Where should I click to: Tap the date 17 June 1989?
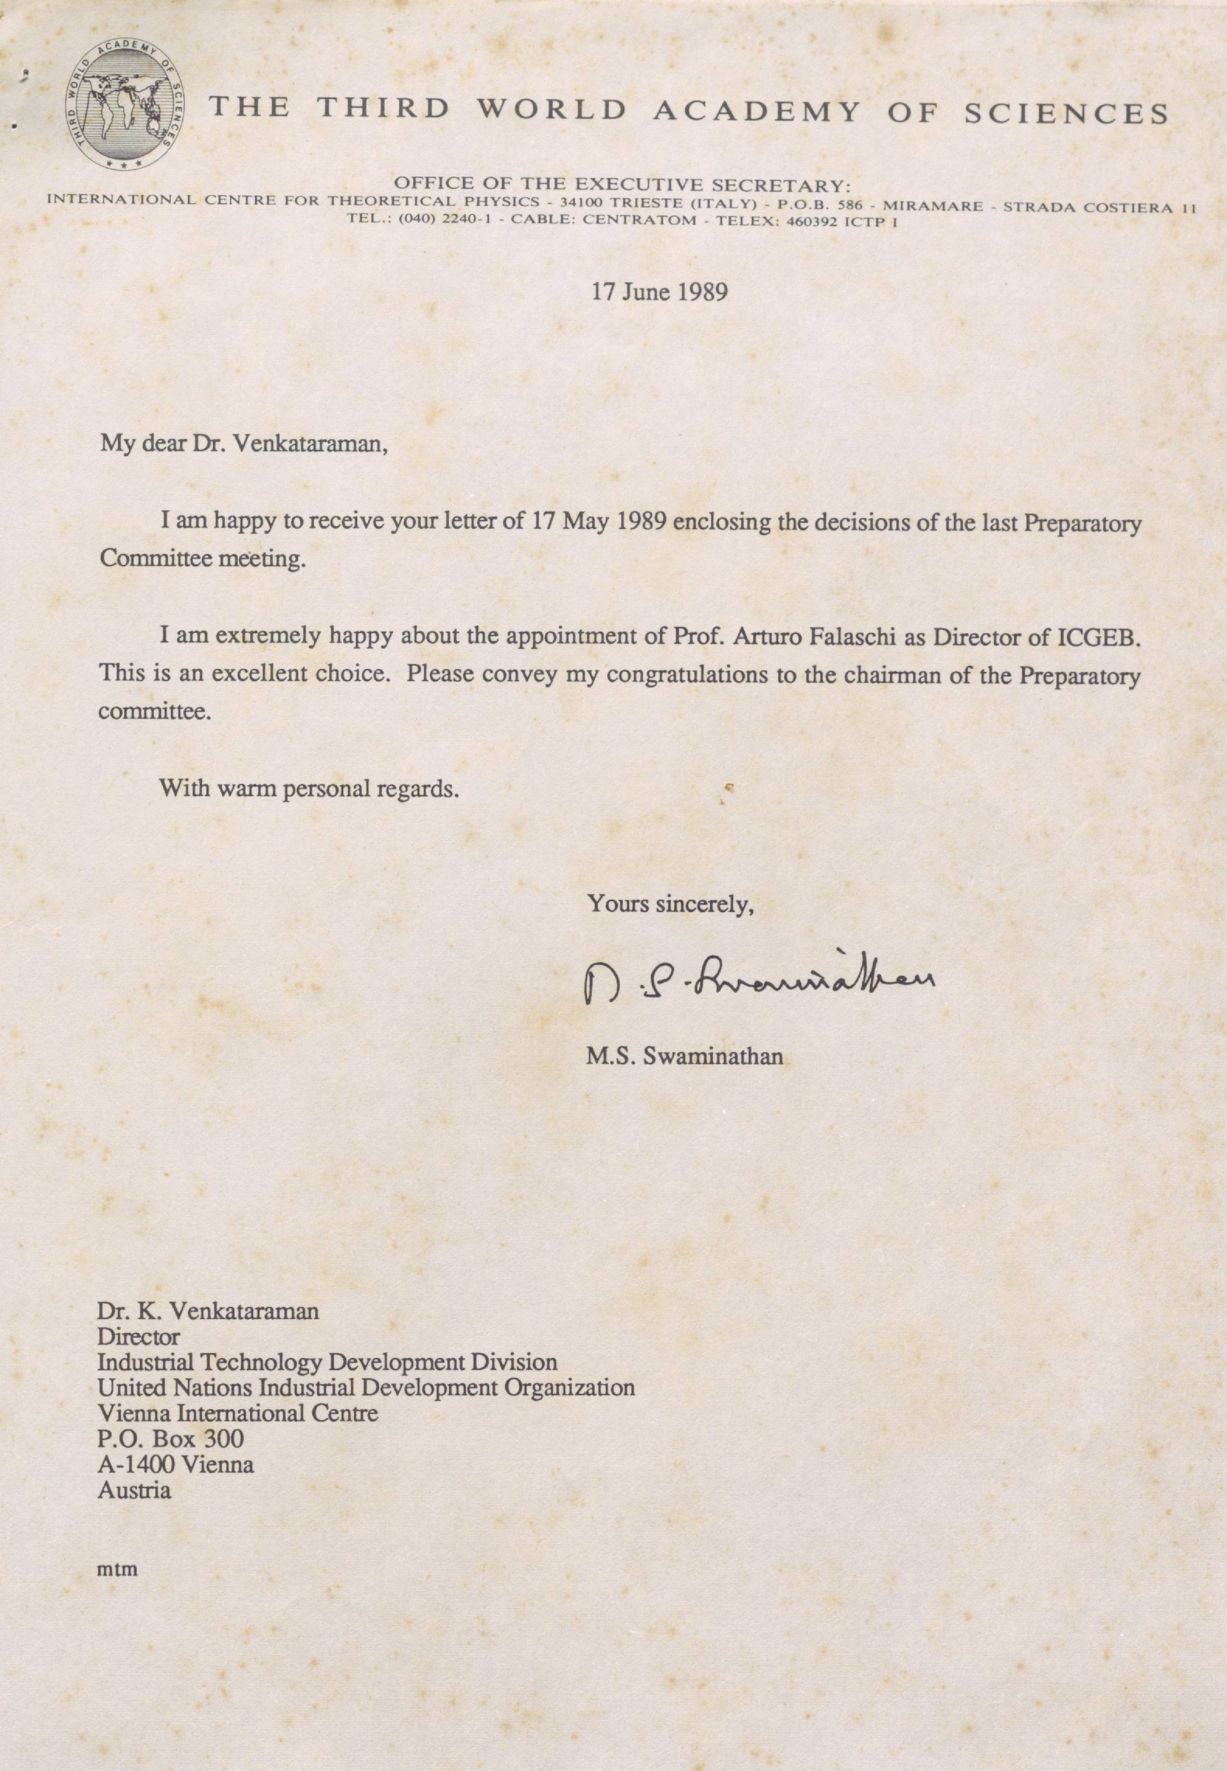[659, 292]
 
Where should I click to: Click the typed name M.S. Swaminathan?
[684, 1056]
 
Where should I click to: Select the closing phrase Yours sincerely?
[670, 904]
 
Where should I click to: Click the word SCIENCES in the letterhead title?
[1065, 113]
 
